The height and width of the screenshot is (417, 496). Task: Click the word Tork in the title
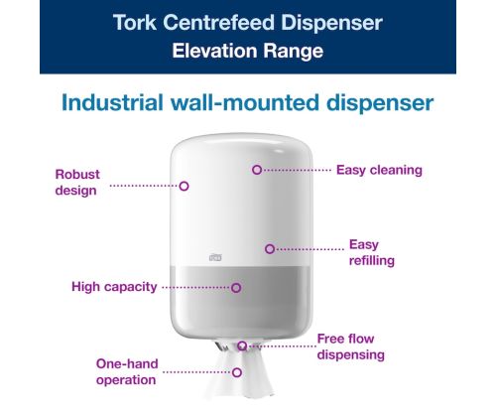135,23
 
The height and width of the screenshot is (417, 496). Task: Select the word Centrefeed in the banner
218,23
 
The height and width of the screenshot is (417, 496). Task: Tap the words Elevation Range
248,51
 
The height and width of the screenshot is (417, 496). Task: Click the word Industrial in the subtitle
112,102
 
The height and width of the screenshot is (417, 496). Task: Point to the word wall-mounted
245,102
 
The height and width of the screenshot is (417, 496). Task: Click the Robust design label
77,183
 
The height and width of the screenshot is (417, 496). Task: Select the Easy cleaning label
379,170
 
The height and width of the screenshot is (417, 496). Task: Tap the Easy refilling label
372,252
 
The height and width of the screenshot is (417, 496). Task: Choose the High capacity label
114,287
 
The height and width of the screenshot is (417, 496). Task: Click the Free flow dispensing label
350,347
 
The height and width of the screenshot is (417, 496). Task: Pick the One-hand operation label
127,371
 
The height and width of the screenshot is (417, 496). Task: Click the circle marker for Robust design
184,186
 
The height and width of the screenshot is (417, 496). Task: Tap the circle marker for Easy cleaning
257,170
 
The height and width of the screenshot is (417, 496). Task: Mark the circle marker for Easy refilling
270,249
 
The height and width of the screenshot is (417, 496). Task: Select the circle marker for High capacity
236,288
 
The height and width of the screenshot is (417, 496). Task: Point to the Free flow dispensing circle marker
242,347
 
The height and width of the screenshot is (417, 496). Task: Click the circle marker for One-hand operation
237,372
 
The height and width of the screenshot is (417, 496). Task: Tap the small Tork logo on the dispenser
215,257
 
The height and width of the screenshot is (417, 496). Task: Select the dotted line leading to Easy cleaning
298,170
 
